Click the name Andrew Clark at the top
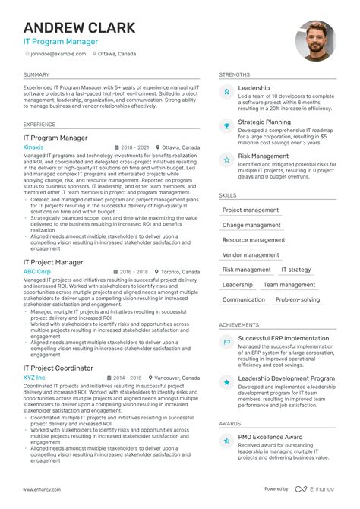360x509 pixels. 80,27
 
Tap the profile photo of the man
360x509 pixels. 315,41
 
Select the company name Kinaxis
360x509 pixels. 33,147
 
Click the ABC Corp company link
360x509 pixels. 37,271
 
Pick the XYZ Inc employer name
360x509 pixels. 34,377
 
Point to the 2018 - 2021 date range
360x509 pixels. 135,147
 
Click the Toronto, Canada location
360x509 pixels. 182,271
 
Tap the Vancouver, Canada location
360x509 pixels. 178,377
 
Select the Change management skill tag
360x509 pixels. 251,225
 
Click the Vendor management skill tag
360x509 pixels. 251,254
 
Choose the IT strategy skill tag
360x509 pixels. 296,270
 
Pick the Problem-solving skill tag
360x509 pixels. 298,299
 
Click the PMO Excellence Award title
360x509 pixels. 271,438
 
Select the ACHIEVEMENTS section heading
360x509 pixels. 239,324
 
